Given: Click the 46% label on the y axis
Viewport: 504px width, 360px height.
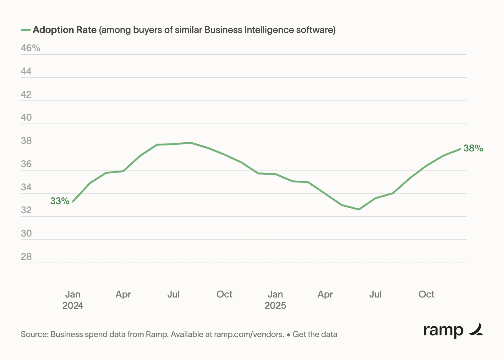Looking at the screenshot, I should coord(30,48).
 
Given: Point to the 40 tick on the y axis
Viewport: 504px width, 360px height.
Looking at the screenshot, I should coord(26,117).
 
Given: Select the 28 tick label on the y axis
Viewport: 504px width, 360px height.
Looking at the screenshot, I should coord(26,257).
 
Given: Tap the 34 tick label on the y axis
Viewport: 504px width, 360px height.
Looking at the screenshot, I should coord(26,187).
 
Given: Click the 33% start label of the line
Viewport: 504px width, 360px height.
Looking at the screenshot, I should coord(60,201).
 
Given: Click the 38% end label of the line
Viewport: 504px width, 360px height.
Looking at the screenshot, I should coord(473,148).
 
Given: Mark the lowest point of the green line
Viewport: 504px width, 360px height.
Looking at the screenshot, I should coord(359,209).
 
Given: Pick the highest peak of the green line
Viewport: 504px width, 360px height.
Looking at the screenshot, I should coord(190,143).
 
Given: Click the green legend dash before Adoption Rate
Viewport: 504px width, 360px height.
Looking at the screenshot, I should coord(25,30).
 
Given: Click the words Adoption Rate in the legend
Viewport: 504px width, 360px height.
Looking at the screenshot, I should coord(64,30).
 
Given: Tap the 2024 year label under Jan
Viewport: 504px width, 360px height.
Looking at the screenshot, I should coord(73,306).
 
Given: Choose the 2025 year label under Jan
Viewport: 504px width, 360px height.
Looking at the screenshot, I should coord(275,306).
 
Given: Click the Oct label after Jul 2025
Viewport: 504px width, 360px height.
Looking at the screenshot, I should coord(426,294).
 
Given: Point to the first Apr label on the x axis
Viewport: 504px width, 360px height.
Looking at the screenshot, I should coord(123,294).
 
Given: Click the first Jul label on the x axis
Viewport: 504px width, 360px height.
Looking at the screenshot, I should coord(173,294).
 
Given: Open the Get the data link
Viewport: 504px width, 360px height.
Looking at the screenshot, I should coord(315,334).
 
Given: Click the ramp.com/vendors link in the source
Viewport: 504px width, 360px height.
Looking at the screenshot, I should coord(248,334).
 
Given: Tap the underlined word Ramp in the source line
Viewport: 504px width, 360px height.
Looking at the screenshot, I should coord(156,334).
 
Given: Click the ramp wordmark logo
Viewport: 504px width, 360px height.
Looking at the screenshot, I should coord(453,330).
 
